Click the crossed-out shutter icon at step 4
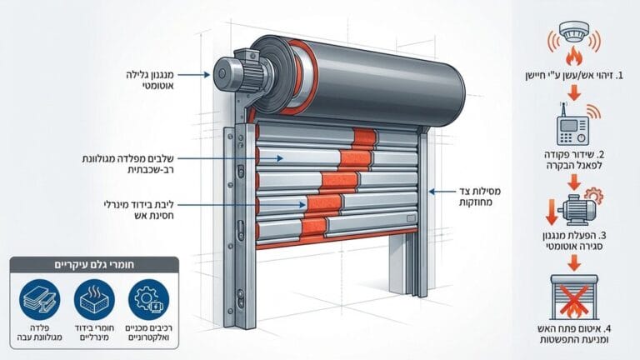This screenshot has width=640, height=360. point(573,296)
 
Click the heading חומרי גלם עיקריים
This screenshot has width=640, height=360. point(95,266)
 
